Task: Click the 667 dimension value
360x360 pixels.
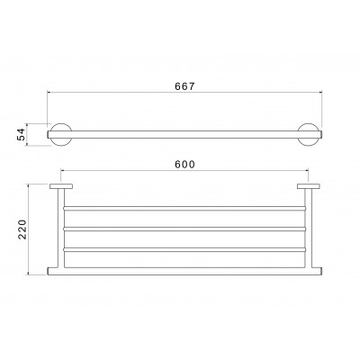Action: coord(184,86)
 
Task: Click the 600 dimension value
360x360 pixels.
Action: coord(184,165)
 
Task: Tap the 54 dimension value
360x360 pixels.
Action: coord(21,134)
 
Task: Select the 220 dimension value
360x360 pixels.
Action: coord(22,229)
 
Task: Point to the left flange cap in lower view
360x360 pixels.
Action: coord(61,186)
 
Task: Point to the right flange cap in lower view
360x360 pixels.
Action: coord(309,186)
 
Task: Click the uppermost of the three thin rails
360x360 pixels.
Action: coord(184,208)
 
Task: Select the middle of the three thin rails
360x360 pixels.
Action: coord(184,229)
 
